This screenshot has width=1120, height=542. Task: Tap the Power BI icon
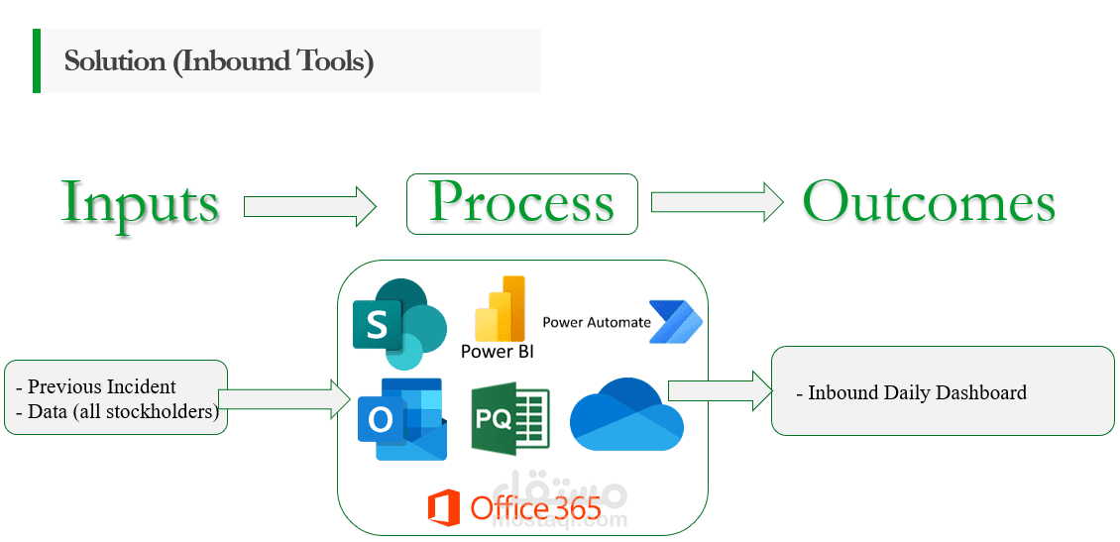tap(501, 309)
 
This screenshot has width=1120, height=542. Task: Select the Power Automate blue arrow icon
tap(675, 322)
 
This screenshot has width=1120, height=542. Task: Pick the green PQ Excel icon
tap(509, 420)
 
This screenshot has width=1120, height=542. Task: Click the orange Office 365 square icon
tap(443, 508)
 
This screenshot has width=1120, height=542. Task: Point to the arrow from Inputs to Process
tap(310, 206)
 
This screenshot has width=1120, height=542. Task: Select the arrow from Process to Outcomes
tap(717, 202)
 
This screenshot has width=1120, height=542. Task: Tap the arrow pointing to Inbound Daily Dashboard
tap(720, 389)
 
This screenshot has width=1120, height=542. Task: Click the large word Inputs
tap(140, 202)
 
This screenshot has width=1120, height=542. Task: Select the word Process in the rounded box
tap(521, 203)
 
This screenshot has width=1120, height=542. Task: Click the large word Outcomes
tap(929, 202)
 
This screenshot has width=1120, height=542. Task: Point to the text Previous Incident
tap(101, 386)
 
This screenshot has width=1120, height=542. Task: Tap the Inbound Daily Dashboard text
tap(917, 393)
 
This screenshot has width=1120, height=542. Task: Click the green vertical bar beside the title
tap(37, 60)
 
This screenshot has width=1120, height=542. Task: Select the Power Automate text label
tap(596, 322)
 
